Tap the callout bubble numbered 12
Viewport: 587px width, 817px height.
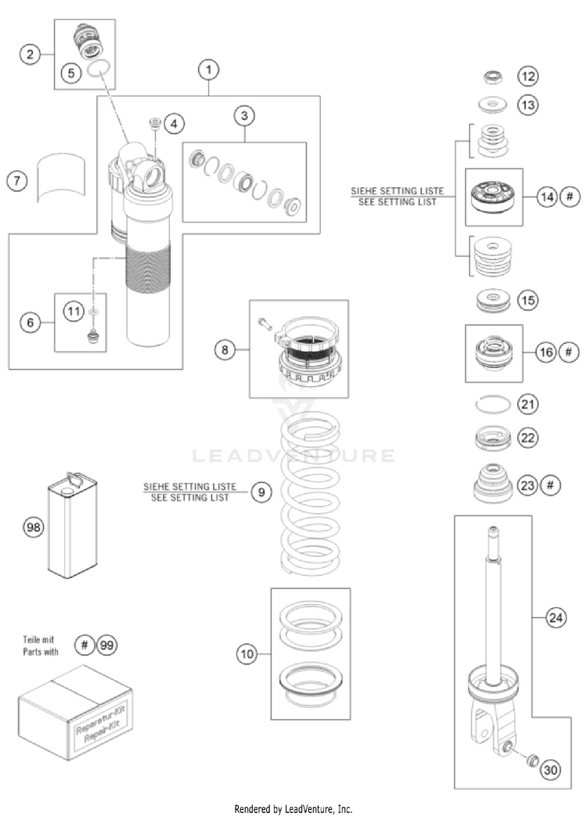(x=528, y=76)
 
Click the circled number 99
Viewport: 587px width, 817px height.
(x=108, y=644)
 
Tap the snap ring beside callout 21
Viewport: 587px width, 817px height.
(x=495, y=405)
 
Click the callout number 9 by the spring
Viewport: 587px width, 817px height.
(x=261, y=492)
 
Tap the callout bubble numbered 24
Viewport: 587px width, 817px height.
(x=555, y=618)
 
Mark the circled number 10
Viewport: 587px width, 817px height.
(x=249, y=653)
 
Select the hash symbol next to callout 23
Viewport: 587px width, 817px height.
(x=551, y=486)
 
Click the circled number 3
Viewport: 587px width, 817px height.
(x=244, y=116)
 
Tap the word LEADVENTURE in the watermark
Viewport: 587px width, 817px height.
(x=293, y=455)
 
